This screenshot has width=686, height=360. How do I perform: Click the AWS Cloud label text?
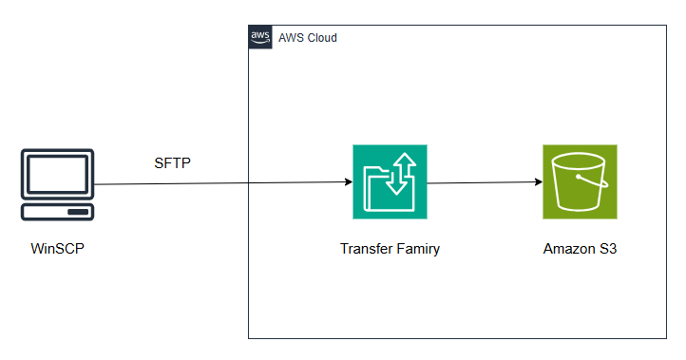tap(307, 38)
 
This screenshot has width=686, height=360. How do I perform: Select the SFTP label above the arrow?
tap(172, 162)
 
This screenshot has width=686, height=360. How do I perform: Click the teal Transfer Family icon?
tap(390, 181)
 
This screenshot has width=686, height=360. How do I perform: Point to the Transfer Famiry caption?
tap(390, 249)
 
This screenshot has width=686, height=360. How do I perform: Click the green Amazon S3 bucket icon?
tap(580, 181)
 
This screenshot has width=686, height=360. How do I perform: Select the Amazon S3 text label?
tap(580, 249)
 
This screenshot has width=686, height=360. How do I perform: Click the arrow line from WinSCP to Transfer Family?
tap(219, 182)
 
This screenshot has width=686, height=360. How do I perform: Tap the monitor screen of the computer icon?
tap(58, 175)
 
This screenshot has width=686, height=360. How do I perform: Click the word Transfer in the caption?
tap(365, 249)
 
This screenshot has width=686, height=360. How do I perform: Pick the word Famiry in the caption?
tap(416, 249)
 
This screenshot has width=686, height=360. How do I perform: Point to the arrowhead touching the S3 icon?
tap(537, 181)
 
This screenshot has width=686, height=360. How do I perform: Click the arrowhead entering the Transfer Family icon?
tap(347, 181)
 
